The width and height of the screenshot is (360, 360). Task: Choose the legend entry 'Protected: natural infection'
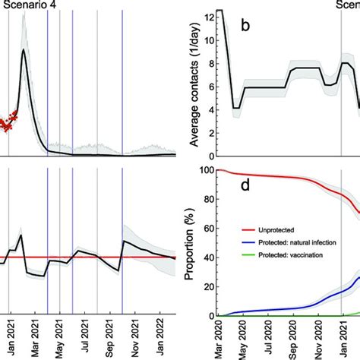click(298, 242)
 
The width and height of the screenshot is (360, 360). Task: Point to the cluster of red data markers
click(8, 122)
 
